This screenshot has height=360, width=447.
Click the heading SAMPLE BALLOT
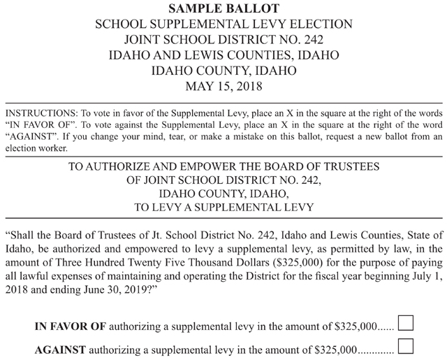coord(223,8)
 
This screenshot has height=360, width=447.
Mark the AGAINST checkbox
coord(405,347)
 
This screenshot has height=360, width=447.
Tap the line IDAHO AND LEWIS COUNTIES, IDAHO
coord(223,55)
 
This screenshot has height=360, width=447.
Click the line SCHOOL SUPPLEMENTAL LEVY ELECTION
coord(223,24)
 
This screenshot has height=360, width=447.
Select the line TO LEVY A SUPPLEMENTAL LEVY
coord(223,207)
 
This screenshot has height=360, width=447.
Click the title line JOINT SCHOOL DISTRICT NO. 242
coord(223,39)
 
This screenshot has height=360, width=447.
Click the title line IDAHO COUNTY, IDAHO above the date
coord(223,71)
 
